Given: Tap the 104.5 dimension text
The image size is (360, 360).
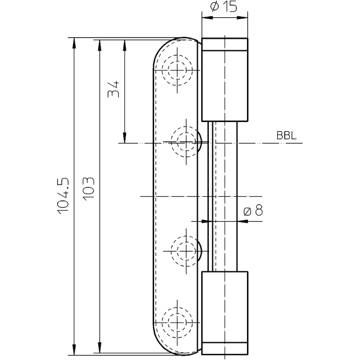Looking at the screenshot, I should (63, 196).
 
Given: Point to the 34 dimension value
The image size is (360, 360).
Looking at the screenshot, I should (113, 89).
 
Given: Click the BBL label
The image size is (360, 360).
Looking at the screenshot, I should (287, 136).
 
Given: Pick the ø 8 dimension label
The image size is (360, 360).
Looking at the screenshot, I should (253, 210).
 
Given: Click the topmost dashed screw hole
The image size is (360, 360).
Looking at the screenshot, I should (177, 69).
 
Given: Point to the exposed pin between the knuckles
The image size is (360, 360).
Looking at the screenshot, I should (224, 196).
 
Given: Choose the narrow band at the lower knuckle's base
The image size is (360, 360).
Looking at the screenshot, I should (224, 348).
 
